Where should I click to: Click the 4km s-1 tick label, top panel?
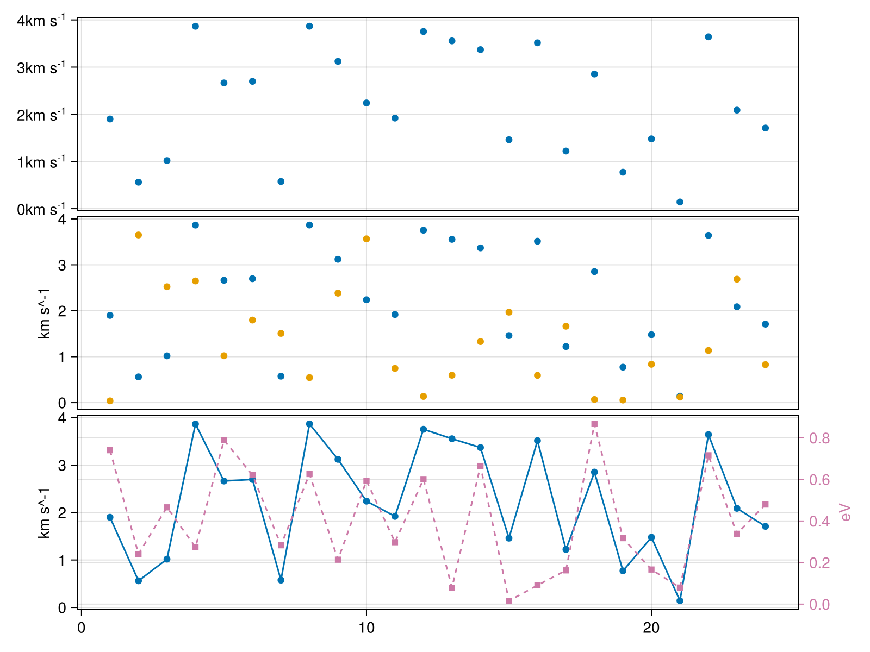point(41,21)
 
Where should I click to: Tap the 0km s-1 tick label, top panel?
point(41,210)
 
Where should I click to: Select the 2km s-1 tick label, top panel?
point(41,115)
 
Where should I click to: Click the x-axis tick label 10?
point(366,628)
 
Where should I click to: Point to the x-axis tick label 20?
point(651,628)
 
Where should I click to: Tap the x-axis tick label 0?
point(82,628)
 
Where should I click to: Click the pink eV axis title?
point(846,512)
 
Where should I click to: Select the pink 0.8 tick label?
point(819,438)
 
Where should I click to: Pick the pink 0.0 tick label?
point(819,605)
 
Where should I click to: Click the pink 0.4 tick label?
point(819,522)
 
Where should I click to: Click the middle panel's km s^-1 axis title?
point(45,313)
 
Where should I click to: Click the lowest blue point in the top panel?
point(680,202)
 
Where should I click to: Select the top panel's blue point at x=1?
point(110,119)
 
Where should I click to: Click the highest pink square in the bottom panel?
point(594,424)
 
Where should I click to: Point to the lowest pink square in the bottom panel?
point(509,601)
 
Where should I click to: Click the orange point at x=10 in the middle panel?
point(366,239)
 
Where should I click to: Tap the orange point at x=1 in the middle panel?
point(110,401)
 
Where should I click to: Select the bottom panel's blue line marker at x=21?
point(680,600)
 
